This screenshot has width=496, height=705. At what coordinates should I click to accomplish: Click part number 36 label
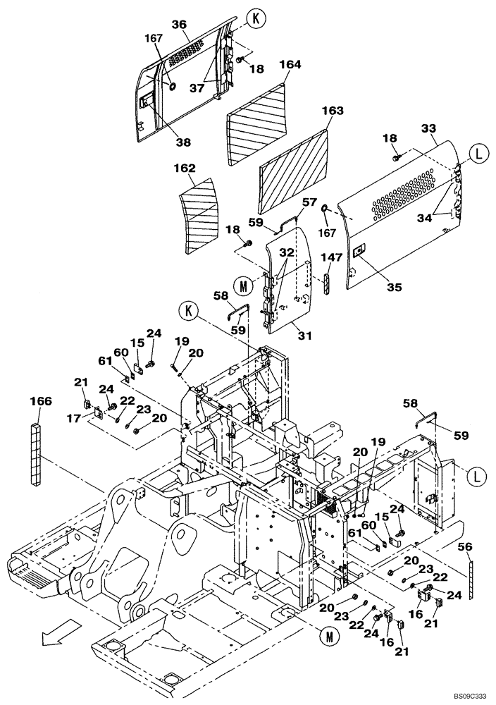click(180, 24)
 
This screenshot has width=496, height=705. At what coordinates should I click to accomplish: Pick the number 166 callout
click(41, 402)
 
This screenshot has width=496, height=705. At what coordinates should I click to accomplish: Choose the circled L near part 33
click(478, 153)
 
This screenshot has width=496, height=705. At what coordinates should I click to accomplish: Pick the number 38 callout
click(183, 142)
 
